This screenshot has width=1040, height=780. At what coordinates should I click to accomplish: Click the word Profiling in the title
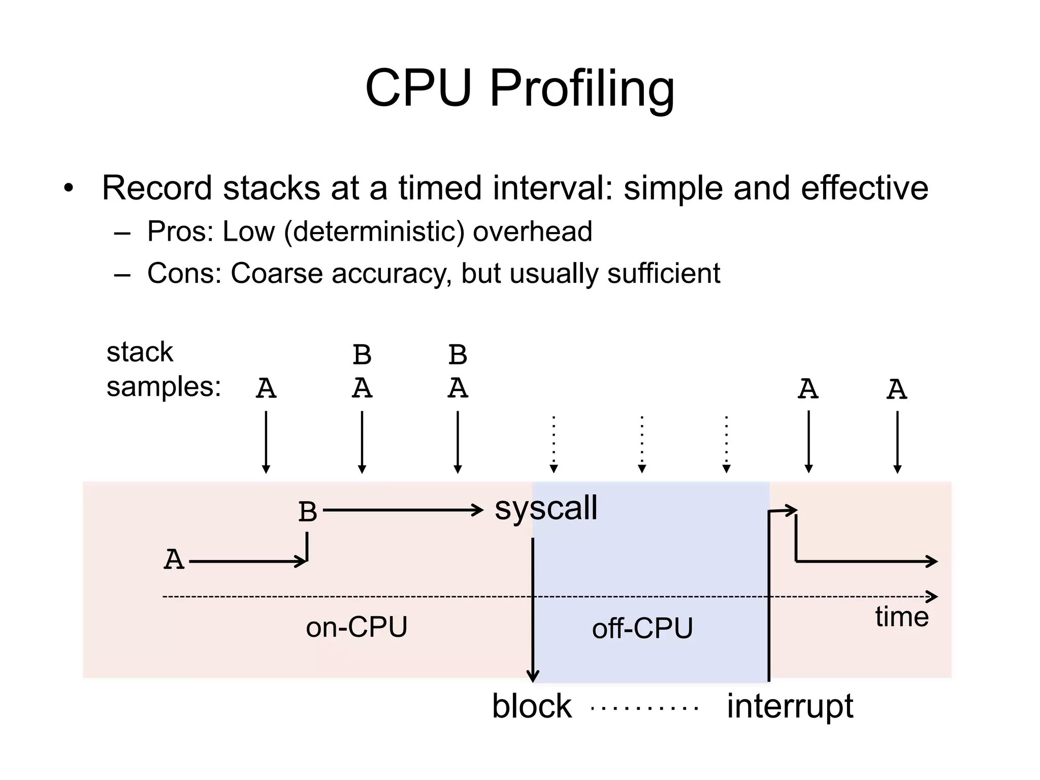[582, 89]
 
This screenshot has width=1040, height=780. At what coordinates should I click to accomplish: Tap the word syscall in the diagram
[546, 508]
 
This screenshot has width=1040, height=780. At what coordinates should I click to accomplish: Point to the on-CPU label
[356, 627]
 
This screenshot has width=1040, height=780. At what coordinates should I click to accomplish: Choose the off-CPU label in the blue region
[642, 628]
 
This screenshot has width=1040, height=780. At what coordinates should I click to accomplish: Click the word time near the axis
[901, 617]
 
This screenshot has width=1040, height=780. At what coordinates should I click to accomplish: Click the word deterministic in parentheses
[374, 232]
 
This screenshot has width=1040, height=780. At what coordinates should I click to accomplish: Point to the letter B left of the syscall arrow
[308, 512]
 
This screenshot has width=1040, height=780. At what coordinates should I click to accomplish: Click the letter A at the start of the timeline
[174, 560]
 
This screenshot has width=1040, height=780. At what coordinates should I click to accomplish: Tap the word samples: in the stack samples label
[164, 387]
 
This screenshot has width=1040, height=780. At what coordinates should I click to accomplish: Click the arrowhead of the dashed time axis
[932, 597]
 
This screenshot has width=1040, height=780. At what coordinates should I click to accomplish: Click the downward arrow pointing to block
[533, 609]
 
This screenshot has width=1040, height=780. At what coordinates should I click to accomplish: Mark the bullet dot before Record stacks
[69, 189]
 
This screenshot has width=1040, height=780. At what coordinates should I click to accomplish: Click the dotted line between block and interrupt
[645, 707]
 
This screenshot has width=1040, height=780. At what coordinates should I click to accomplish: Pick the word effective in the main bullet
[864, 188]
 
